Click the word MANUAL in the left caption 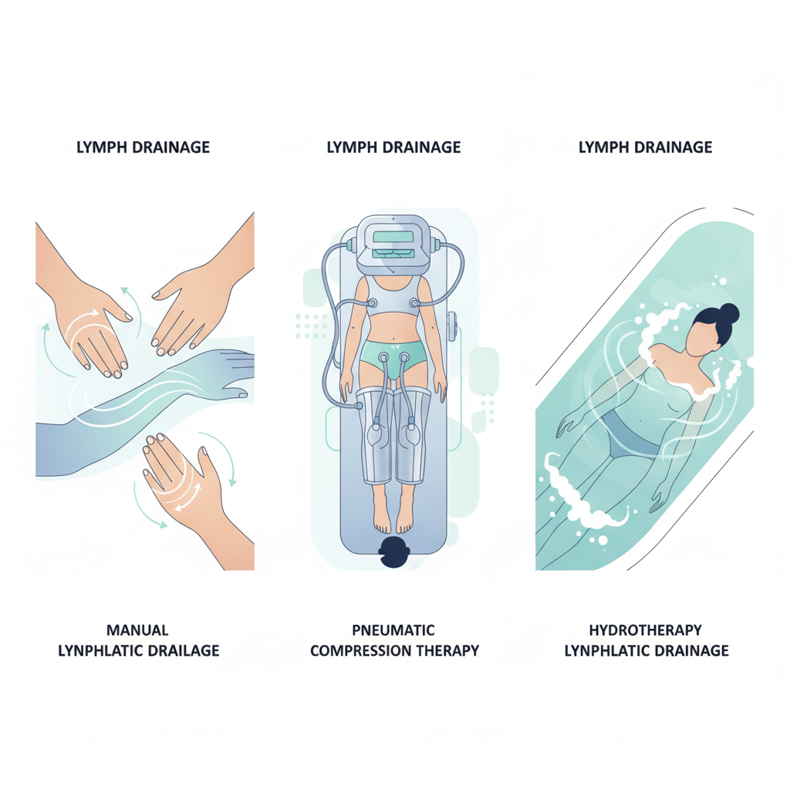pos(137,630)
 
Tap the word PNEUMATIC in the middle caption pos(393,630)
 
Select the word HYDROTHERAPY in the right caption pos(646,630)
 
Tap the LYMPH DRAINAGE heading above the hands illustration pos(143,147)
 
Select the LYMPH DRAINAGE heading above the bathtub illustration pos(646,147)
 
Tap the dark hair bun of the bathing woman pos(729,313)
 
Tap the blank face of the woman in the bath pos(703,339)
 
